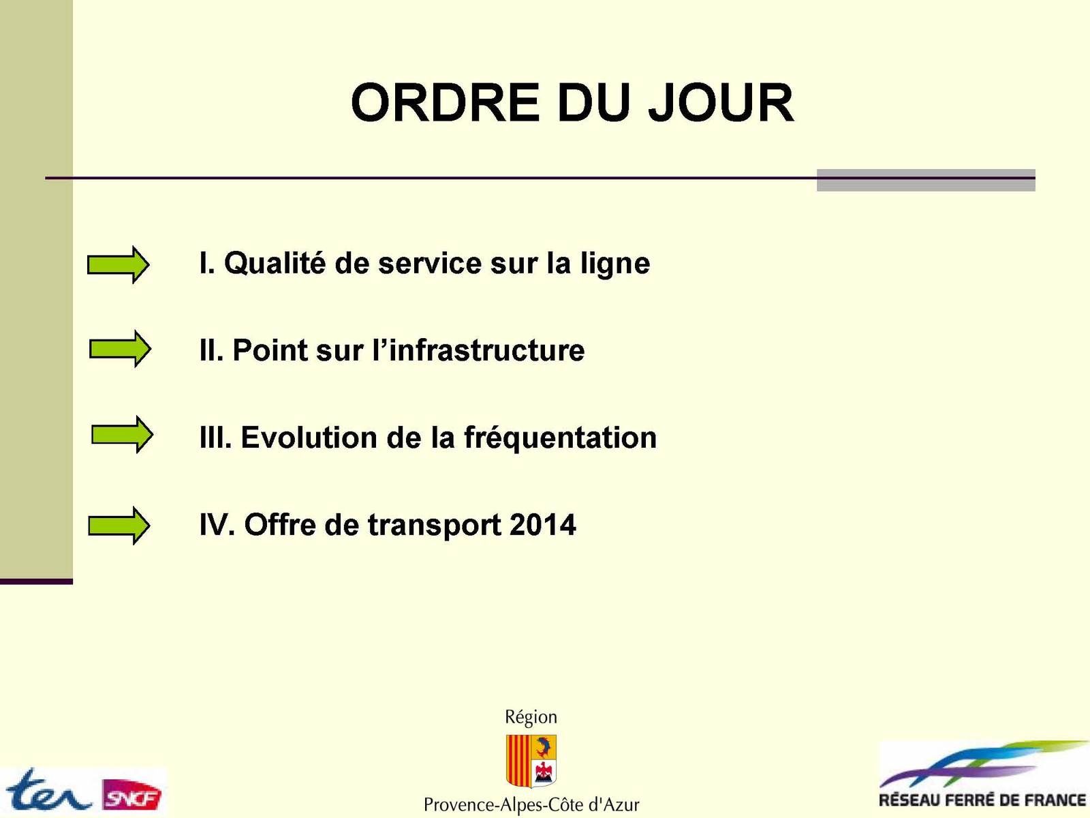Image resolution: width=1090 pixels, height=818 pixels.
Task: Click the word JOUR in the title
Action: pyautogui.click(x=721, y=103)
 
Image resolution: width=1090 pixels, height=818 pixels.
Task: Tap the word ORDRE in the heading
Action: pyautogui.click(x=445, y=103)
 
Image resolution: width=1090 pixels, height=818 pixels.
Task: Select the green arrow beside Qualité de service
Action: pyautogui.click(x=118, y=264)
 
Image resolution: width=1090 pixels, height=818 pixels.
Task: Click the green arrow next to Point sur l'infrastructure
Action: pyautogui.click(x=120, y=349)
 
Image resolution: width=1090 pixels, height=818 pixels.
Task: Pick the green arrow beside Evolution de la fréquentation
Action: pyautogui.click(x=122, y=435)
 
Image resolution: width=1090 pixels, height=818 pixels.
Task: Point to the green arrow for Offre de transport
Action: pyautogui.click(x=119, y=526)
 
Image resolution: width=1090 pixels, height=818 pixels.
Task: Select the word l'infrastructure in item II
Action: pyautogui.click(x=479, y=350)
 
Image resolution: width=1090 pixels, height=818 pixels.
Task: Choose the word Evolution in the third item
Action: pyautogui.click(x=309, y=438)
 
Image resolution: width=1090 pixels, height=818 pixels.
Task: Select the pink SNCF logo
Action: pyautogui.click(x=132, y=795)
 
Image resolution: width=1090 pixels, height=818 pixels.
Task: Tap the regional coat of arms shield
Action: pyautogui.click(x=531, y=761)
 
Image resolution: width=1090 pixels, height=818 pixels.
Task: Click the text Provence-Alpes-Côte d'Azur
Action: pyautogui.click(x=531, y=804)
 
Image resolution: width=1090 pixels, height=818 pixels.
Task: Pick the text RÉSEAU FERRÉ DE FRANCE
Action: pyautogui.click(x=983, y=800)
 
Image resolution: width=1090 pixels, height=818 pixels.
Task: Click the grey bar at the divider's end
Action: pyautogui.click(x=926, y=180)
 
